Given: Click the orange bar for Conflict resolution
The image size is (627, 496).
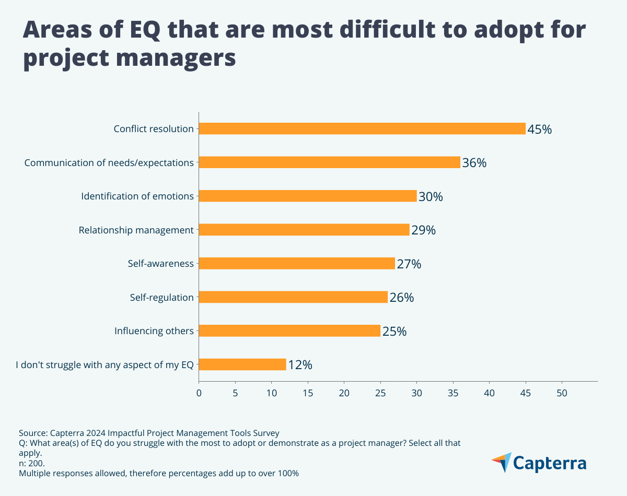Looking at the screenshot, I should [x=362, y=128].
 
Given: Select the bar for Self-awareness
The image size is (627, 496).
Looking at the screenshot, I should [x=296, y=263].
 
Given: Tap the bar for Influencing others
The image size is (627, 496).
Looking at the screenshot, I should [x=289, y=330].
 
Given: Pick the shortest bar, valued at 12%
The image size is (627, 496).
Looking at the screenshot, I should [x=242, y=364].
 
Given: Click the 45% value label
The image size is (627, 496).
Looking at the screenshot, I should [x=539, y=129].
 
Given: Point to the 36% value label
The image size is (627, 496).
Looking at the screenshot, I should [x=474, y=163].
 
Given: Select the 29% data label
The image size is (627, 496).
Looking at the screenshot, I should [x=423, y=230].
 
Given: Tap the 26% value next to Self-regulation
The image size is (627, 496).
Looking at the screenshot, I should [x=401, y=298].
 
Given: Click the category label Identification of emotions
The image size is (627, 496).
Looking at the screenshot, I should [x=137, y=196].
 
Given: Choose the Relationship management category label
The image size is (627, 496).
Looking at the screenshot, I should [x=136, y=230].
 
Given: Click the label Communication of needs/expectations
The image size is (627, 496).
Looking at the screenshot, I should [x=109, y=162].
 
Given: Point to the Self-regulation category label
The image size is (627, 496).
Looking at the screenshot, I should [x=161, y=297].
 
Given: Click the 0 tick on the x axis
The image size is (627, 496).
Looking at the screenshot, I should [x=199, y=392].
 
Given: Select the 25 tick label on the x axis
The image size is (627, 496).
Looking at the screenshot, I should [x=380, y=392].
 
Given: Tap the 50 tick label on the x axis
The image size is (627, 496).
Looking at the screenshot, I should [x=562, y=392].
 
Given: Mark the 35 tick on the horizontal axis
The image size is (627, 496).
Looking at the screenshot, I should [x=453, y=392].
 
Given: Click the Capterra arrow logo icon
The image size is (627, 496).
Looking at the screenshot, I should [x=501, y=462].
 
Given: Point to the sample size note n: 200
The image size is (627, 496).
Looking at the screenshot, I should [x=32, y=463].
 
